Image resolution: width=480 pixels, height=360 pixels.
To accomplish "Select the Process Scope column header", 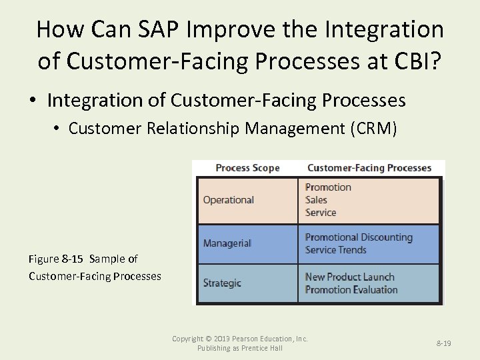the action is coord(247,168).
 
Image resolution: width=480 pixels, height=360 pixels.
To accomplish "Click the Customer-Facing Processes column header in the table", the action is coord(369,168).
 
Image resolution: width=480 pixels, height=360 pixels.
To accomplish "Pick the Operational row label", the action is coord(229,200).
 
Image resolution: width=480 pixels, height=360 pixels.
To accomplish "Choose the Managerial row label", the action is coord(227,243).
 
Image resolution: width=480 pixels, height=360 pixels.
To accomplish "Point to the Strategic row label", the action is coord(222,283).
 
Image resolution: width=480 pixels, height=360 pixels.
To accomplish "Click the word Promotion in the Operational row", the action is coord(328,187).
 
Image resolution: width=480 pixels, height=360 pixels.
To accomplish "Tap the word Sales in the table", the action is coord(316,200).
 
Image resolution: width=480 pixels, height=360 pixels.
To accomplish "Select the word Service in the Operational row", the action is coord(321,213).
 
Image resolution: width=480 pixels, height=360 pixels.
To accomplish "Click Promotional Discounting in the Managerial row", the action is coord(359,237).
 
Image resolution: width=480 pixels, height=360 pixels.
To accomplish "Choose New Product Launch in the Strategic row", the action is coord(349,277).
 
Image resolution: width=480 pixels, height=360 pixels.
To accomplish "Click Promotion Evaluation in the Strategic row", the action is coord(351,289).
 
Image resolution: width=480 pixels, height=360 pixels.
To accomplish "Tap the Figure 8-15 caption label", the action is coord(57,259).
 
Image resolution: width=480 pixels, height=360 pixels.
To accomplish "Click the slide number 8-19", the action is coord(443,343).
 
